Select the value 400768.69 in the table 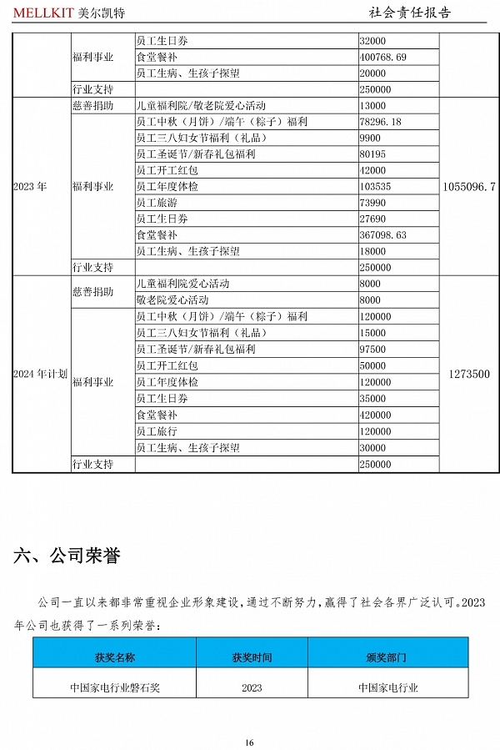coord(382,57)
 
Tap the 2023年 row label coord(30,187)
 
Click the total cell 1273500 coord(468,374)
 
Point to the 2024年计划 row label coord(40,374)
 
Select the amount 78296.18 coord(380,122)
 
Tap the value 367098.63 coord(382,235)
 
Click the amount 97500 coord(372,349)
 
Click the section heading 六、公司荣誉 coord(66,556)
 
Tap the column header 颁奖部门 coord(387,657)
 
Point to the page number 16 coord(249,742)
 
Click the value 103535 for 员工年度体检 coord(375,187)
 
